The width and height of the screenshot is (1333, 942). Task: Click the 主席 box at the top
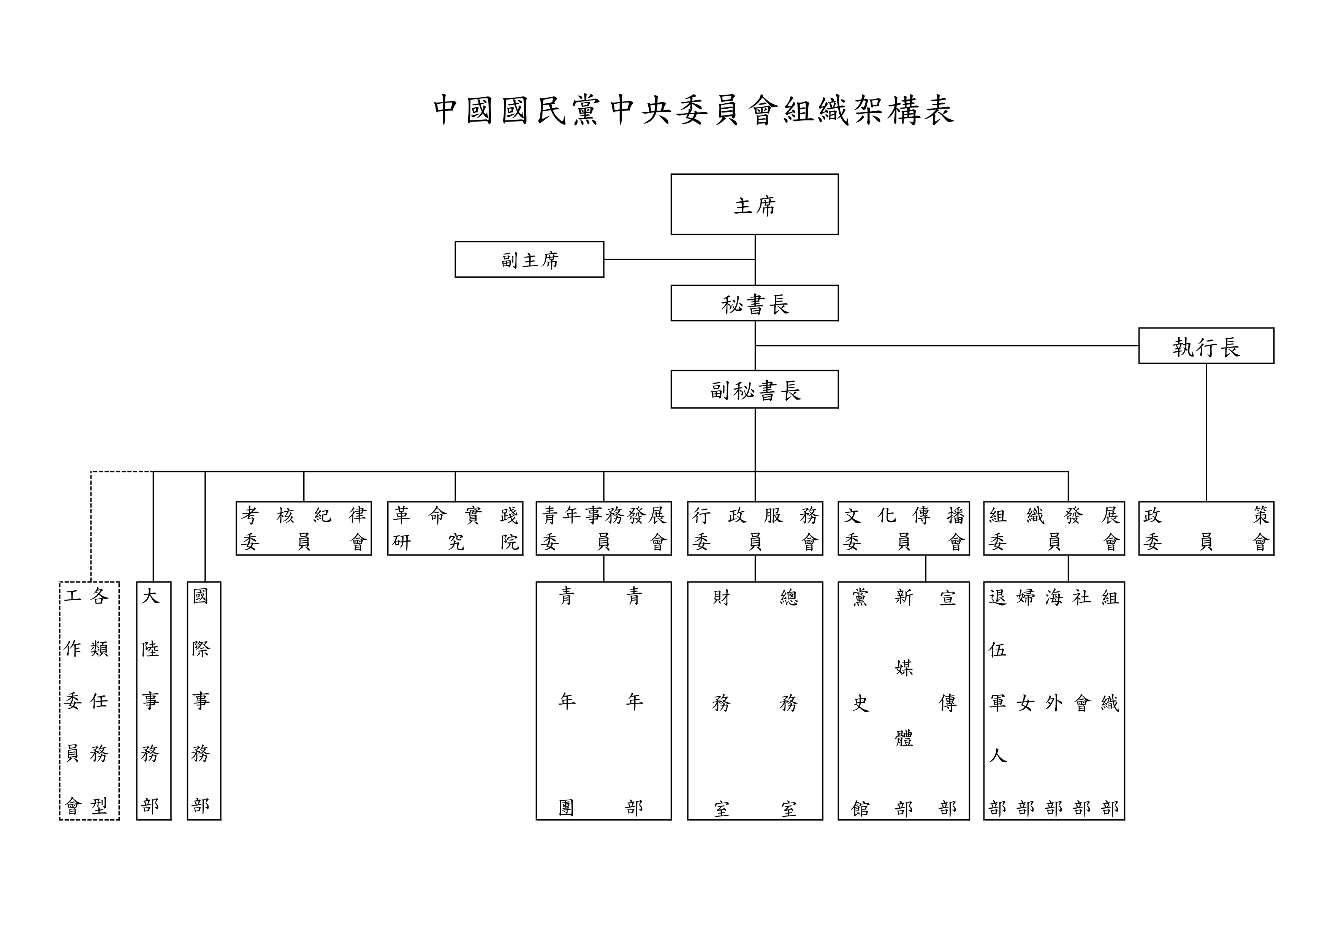click(x=754, y=204)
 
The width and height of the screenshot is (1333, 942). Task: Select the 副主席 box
click(x=529, y=259)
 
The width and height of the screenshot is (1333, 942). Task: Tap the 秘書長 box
click(x=754, y=303)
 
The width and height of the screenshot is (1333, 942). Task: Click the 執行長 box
click(x=1206, y=346)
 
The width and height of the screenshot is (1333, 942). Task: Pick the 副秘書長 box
click(x=754, y=389)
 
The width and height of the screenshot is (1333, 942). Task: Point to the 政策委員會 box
click(x=1206, y=528)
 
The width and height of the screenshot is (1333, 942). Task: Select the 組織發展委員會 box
click(x=1054, y=528)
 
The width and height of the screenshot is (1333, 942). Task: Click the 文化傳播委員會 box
click(x=903, y=528)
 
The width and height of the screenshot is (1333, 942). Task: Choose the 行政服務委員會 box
click(x=755, y=528)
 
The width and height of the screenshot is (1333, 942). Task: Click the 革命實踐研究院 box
click(x=455, y=528)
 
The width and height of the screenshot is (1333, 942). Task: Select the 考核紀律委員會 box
click(x=304, y=528)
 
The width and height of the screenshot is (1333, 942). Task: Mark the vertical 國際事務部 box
click(x=204, y=700)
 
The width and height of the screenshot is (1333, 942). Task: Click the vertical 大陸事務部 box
click(x=153, y=700)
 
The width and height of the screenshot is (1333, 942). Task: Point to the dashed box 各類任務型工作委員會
click(x=89, y=700)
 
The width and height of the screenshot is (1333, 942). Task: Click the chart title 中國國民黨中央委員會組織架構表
click(x=694, y=110)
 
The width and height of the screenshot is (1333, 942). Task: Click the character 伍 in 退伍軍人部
click(x=997, y=650)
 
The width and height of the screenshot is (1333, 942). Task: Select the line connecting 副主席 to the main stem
click(x=679, y=259)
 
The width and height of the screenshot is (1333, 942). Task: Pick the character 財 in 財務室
click(x=721, y=597)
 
